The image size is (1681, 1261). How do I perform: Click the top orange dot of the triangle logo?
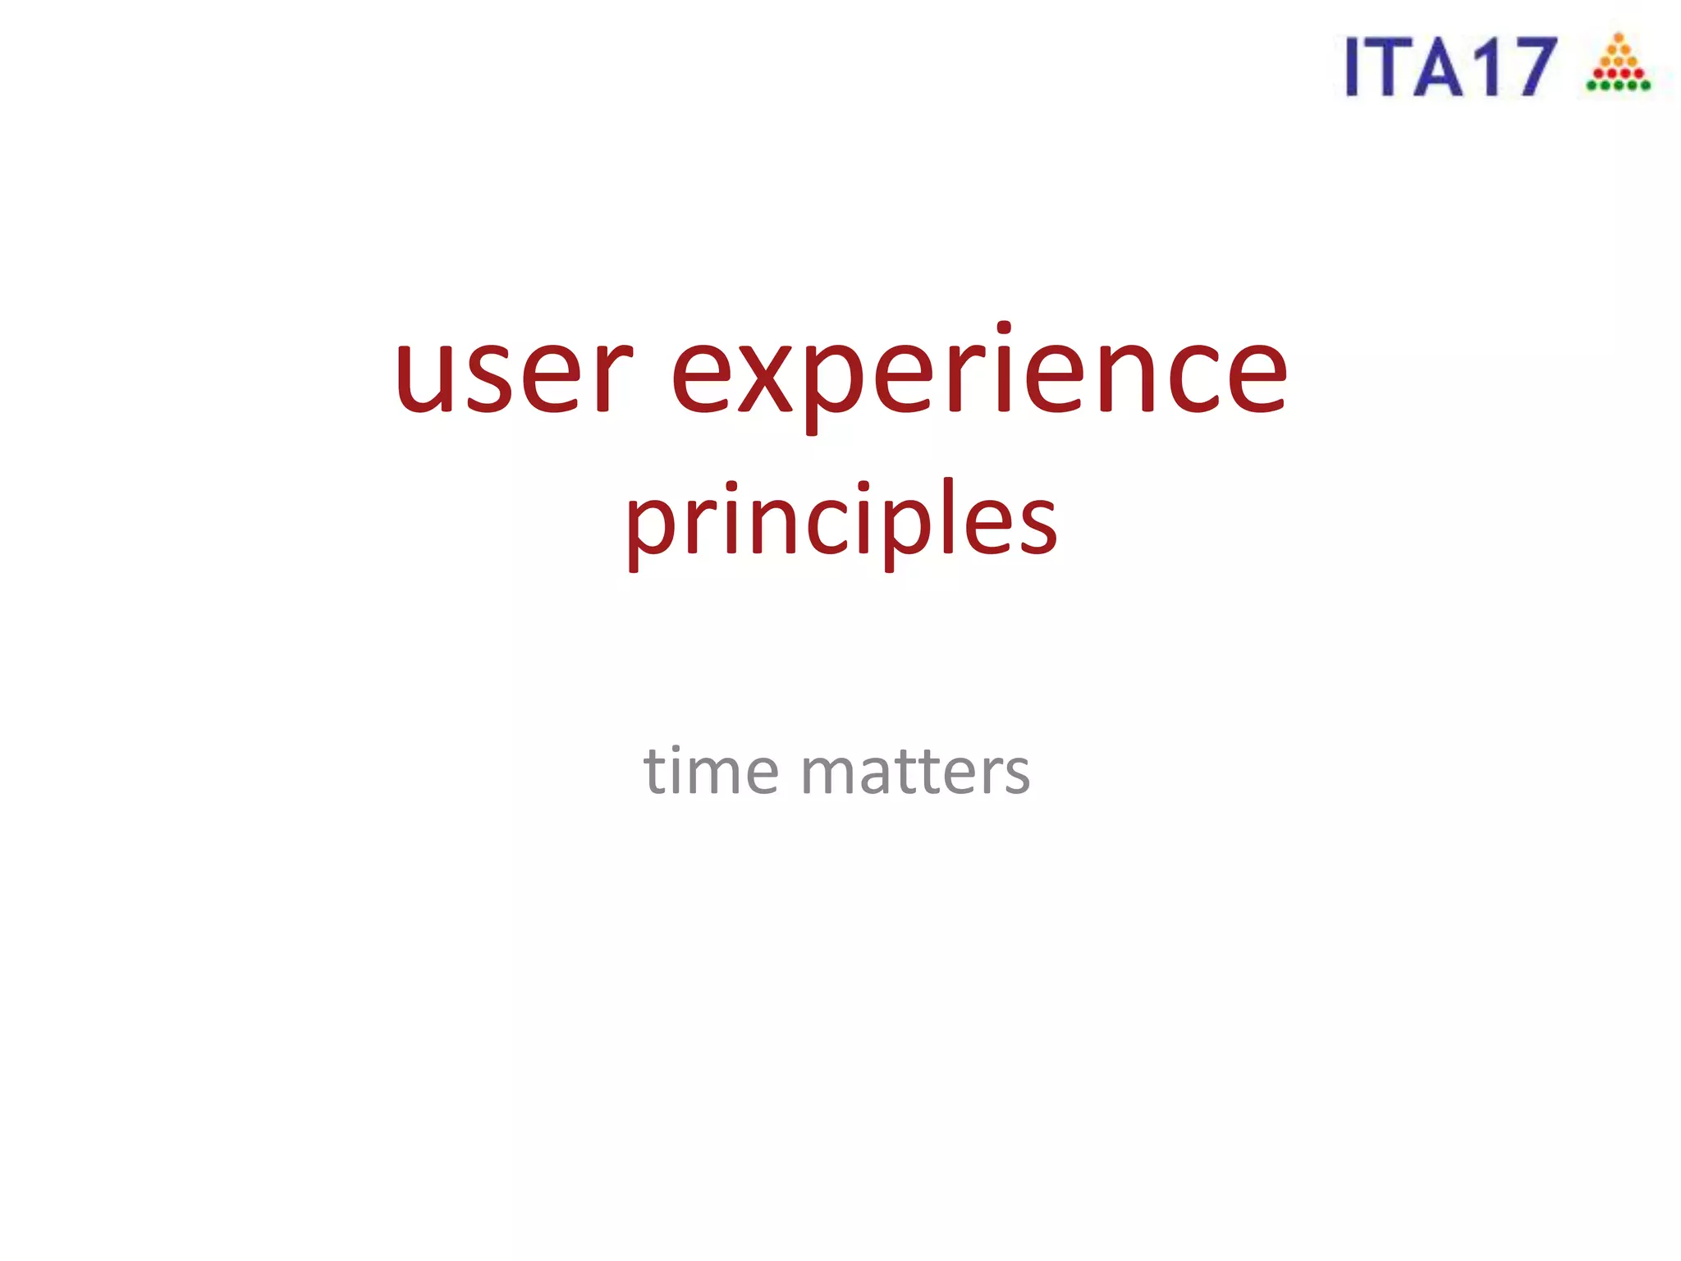click(x=1619, y=38)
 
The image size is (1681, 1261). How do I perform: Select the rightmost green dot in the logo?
click(x=1646, y=85)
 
